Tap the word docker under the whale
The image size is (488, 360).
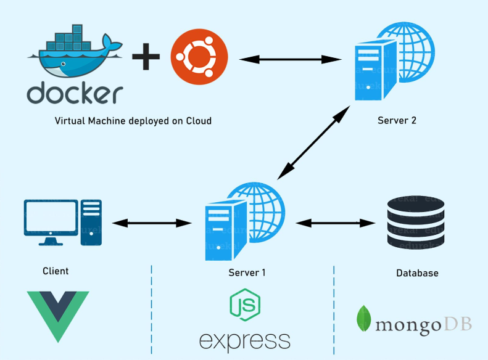point(75,94)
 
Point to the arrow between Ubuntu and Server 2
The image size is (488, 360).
point(291,59)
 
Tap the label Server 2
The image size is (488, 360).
point(397,120)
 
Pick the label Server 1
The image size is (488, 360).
point(247,272)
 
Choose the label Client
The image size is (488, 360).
point(56,271)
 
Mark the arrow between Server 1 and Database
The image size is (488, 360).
point(336,222)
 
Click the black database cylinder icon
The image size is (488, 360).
point(415,223)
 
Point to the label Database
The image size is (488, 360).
point(417,272)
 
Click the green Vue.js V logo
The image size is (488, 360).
point(59,315)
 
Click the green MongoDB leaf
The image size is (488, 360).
point(364,318)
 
